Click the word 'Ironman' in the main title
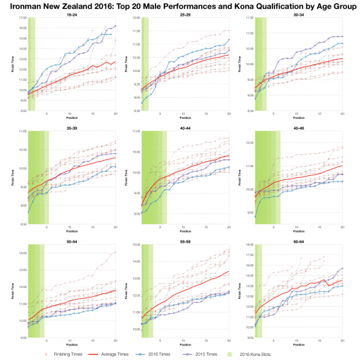[24, 5]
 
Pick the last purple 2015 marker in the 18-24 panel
[115, 26]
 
